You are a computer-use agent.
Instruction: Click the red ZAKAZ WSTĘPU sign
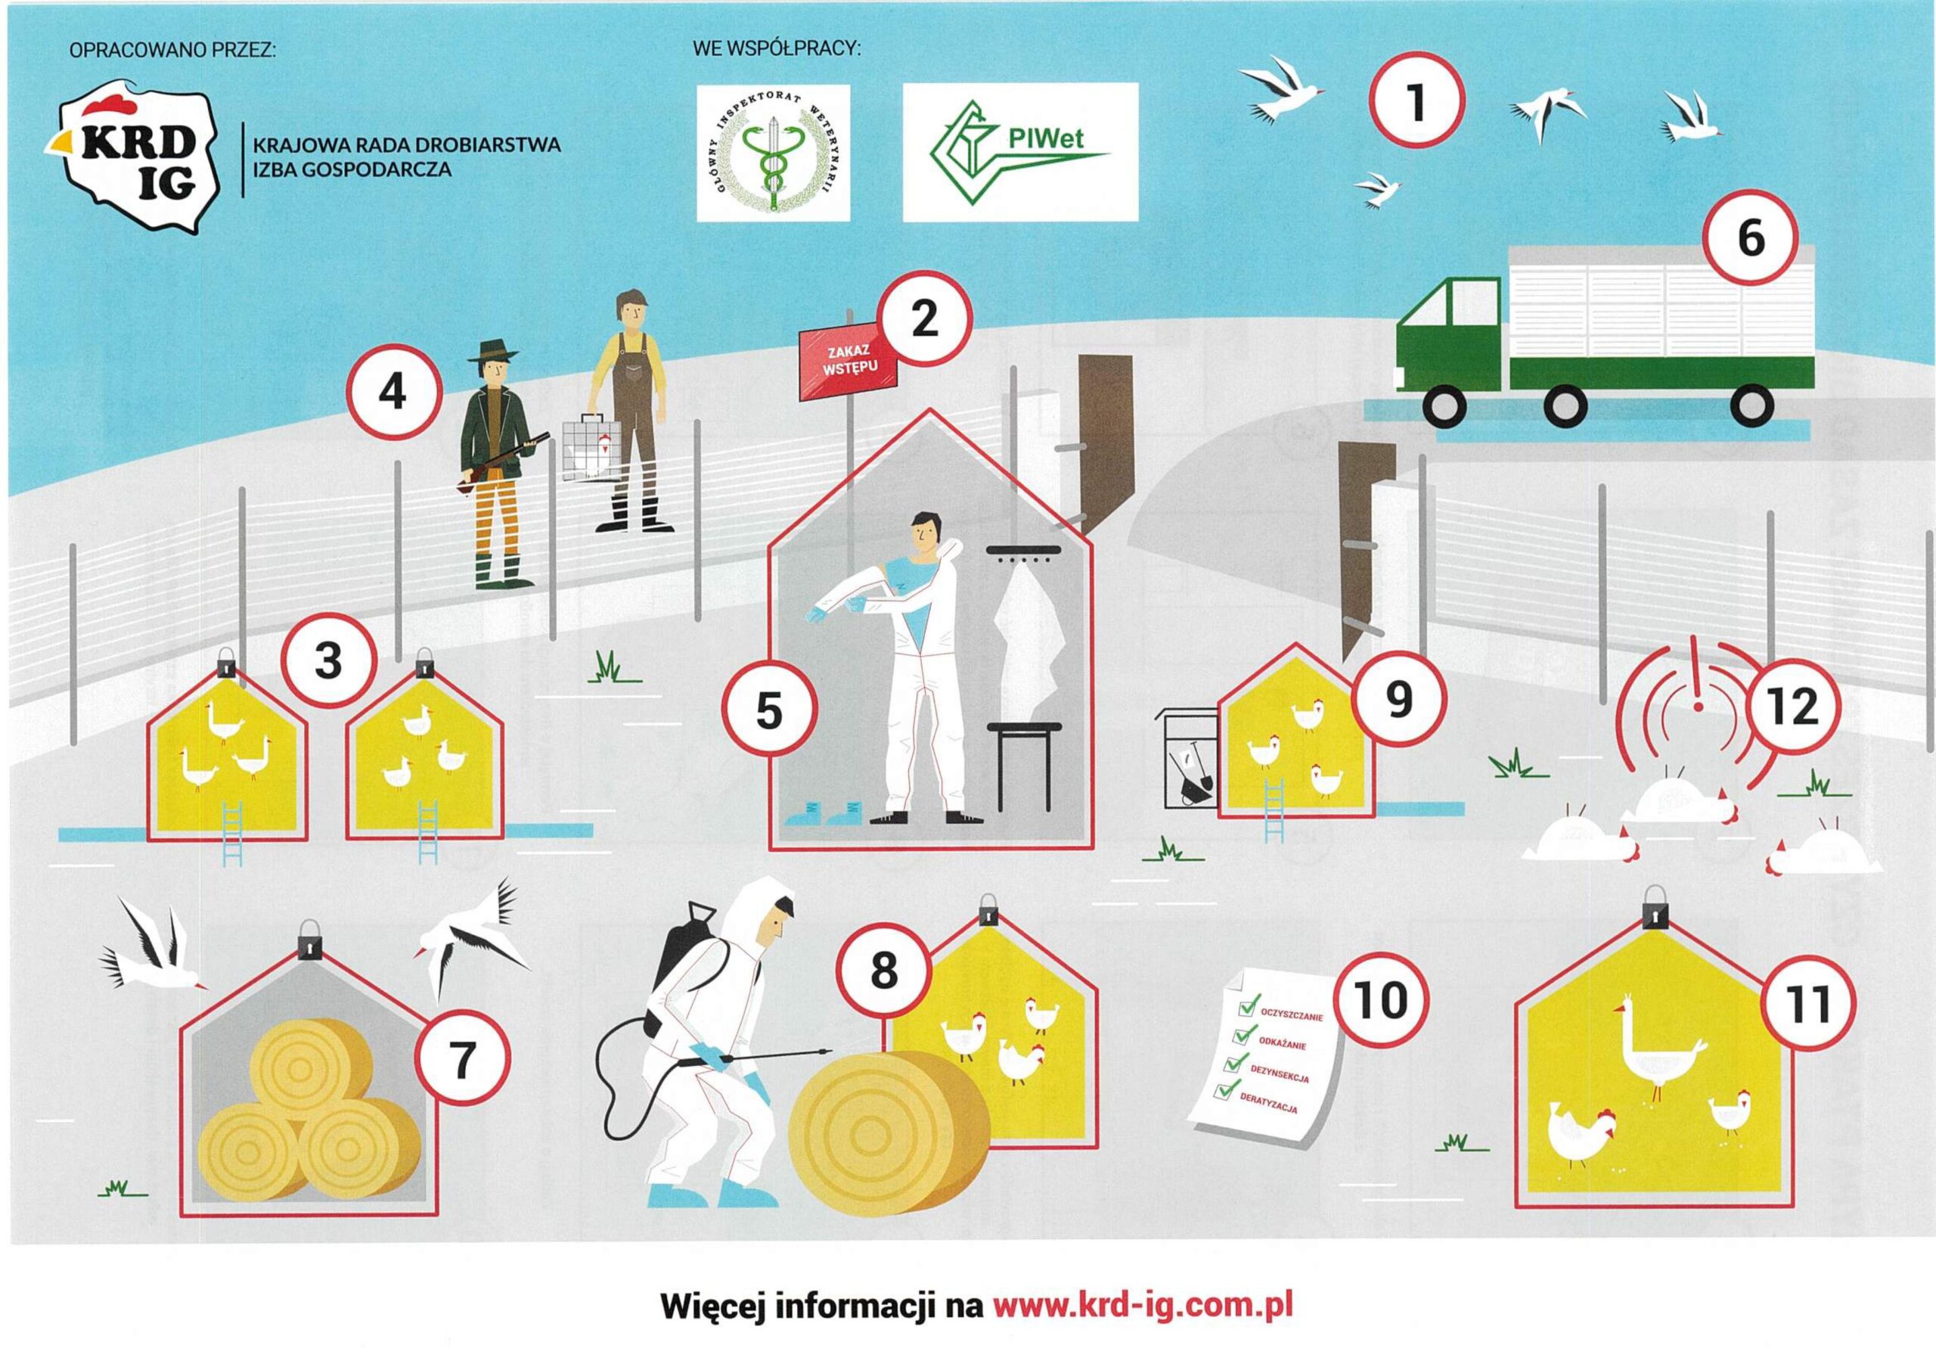pos(849,363)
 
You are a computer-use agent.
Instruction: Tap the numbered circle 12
pos(1792,707)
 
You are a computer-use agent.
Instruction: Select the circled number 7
pos(462,1060)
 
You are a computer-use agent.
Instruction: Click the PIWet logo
pos(1020,153)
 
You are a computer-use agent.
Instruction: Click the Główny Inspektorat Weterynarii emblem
pos(773,153)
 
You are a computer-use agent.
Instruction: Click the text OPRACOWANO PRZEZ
pos(173,50)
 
